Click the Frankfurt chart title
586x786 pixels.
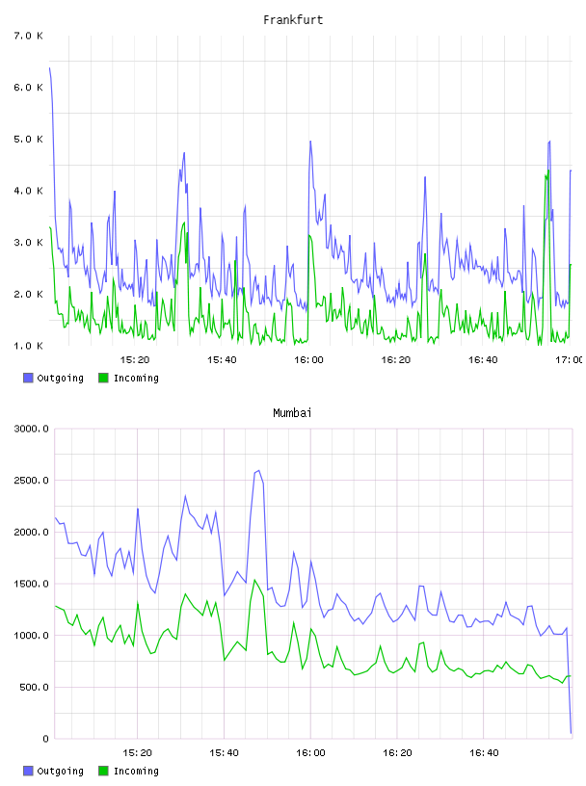click(x=293, y=20)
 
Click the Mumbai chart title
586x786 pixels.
click(x=292, y=413)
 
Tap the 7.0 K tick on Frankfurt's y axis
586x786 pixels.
click(x=28, y=36)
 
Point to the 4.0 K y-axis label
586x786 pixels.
click(x=28, y=191)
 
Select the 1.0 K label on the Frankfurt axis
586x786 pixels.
click(x=28, y=346)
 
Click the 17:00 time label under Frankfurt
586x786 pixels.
click(x=569, y=359)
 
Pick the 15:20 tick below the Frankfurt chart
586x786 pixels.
click(x=135, y=359)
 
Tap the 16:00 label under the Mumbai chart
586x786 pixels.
click(x=310, y=752)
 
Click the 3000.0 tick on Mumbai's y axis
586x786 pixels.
click(x=31, y=429)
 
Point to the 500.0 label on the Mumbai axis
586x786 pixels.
click(x=34, y=687)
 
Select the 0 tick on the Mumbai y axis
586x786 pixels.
click(x=45, y=739)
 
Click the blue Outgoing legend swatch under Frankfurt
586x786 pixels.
click(x=28, y=378)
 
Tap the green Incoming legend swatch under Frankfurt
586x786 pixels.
click(x=103, y=378)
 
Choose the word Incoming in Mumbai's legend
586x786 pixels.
click(x=136, y=771)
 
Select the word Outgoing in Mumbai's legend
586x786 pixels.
click(x=60, y=771)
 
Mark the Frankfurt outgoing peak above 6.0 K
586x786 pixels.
click(x=50, y=67)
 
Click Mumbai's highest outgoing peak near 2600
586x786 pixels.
click(x=258, y=471)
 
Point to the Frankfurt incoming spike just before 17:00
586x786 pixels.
click(x=547, y=170)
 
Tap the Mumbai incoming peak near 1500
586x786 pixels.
click(x=254, y=580)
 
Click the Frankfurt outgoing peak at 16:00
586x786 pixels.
click(x=310, y=142)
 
